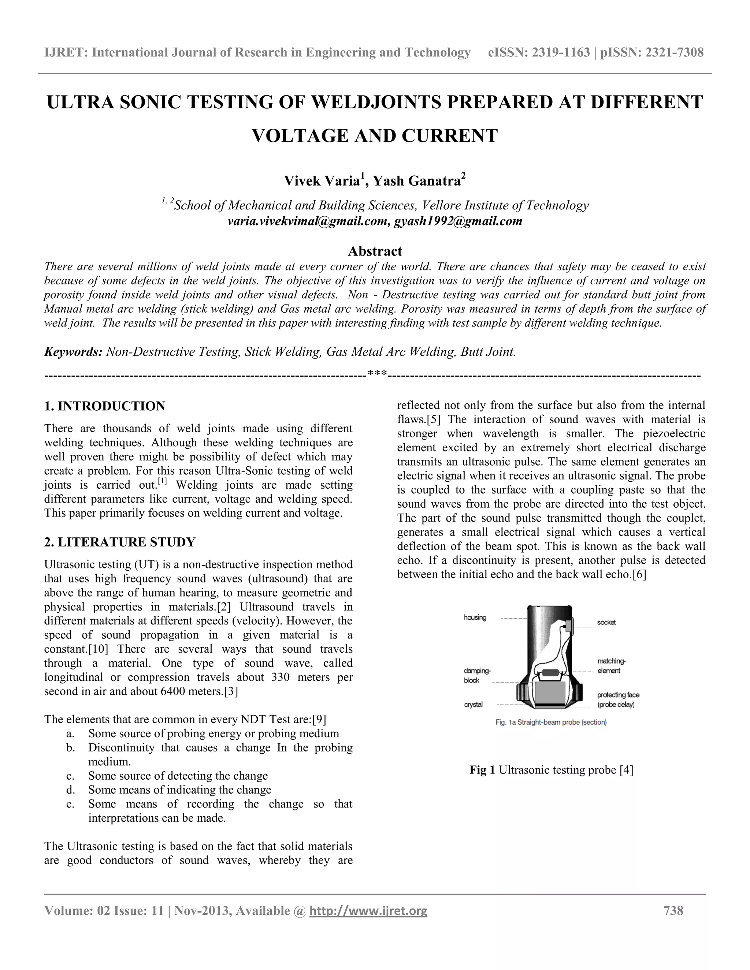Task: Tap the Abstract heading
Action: point(375,251)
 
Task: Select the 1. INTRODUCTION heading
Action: point(105,406)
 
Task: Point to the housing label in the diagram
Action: point(475,618)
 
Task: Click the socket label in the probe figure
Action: point(606,622)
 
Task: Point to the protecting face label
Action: point(617,695)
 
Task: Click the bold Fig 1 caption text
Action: point(482,770)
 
